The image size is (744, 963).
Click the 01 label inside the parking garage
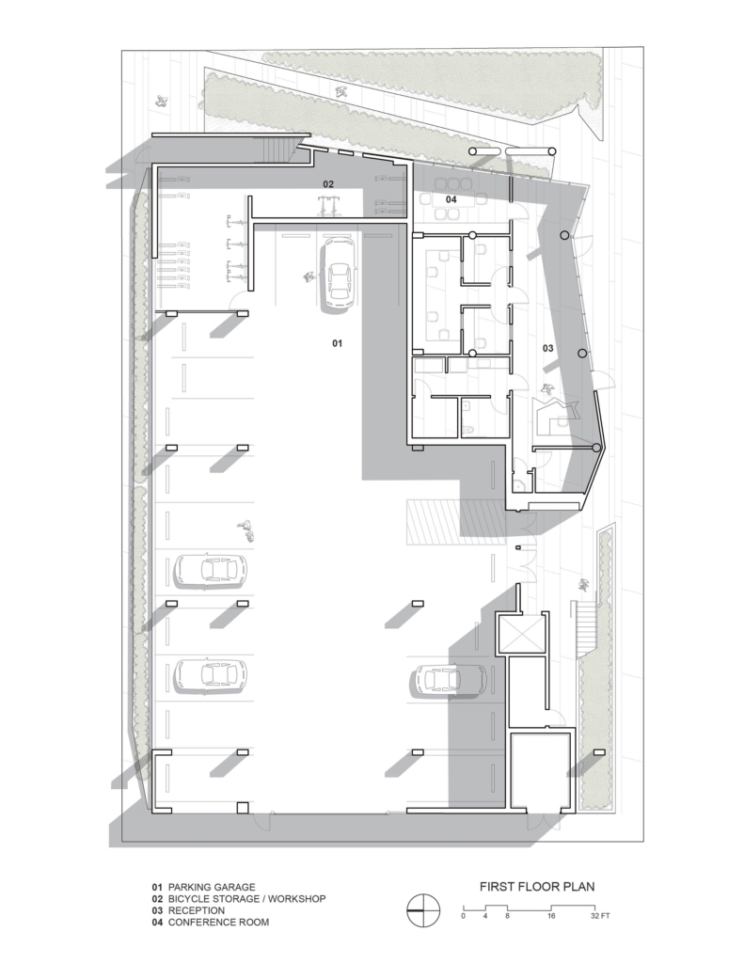(337, 344)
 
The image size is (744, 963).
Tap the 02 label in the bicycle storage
(328, 183)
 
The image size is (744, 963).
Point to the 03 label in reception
(548, 349)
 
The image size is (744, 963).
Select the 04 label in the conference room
(451, 199)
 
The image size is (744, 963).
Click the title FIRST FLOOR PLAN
(537, 886)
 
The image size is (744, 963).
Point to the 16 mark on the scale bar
(550, 915)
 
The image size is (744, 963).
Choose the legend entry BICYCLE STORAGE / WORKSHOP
(246, 899)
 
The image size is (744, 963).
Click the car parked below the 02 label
(337, 275)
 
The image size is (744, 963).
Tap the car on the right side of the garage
(446, 679)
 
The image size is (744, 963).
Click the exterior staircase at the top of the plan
(277, 147)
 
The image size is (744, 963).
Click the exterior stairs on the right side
(584, 624)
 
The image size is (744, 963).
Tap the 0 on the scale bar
(463, 915)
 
